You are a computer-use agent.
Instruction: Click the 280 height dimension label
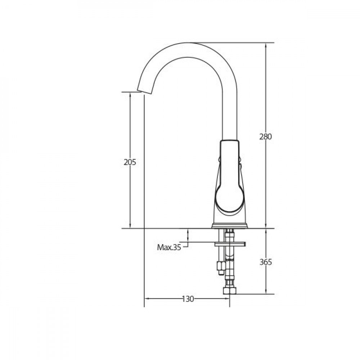[x=266, y=136]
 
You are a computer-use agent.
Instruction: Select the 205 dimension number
[x=130, y=162]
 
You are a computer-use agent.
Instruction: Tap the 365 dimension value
[x=266, y=262]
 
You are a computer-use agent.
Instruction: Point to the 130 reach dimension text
[x=188, y=299]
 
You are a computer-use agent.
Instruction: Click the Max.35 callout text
[x=169, y=247]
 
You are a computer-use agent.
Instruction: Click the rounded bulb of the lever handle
[x=230, y=199]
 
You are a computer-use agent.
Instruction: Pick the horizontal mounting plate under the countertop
[x=230, y=244]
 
